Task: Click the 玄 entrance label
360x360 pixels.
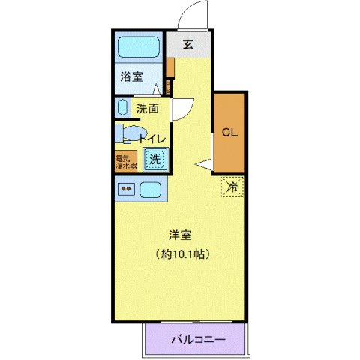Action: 187,45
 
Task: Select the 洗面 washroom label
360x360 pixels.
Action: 148,107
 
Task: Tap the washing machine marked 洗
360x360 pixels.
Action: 154,159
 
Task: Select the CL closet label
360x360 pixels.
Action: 229,133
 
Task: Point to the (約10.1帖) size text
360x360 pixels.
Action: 181,253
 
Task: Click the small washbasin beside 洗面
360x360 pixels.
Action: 121,106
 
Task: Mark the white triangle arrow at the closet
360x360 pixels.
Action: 202,165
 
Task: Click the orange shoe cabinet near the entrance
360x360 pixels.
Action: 171,67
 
